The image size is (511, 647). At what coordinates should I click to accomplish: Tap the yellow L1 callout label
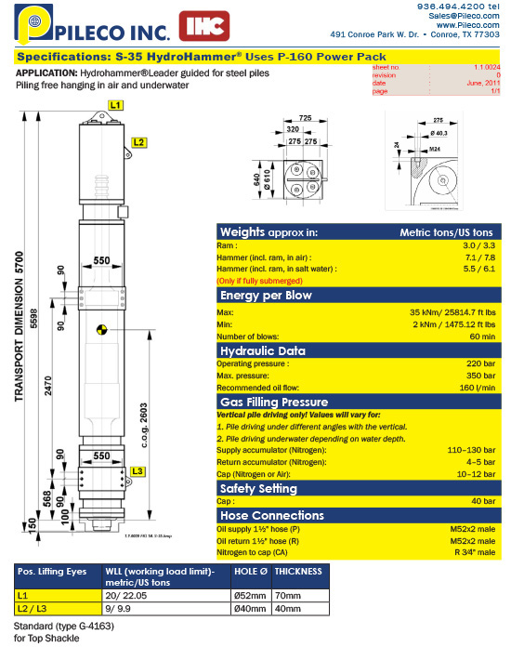(116, 107)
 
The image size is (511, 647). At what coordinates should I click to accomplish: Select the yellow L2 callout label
(138, 142)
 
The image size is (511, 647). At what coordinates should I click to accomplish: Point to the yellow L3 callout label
(138, 471)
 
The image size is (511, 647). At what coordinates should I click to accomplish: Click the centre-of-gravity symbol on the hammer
(100, 327)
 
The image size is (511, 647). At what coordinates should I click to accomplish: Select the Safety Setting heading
(257, 489)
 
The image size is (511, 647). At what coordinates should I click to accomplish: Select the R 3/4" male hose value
(474, 552)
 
